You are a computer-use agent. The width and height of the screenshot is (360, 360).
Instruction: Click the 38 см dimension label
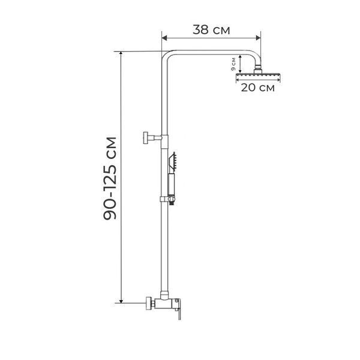[211, 30]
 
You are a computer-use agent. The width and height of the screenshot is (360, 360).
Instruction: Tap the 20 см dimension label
[257, 88]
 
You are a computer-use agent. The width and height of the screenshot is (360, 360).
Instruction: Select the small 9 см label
[233, 64]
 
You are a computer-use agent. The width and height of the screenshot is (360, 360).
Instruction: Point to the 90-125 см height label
[110, 178]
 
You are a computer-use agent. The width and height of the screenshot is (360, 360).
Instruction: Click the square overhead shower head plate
[258, 75]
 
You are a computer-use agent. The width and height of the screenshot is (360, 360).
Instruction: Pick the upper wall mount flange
[146, 138]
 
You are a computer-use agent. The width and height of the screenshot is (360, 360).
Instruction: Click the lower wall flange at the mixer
[149, 303]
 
